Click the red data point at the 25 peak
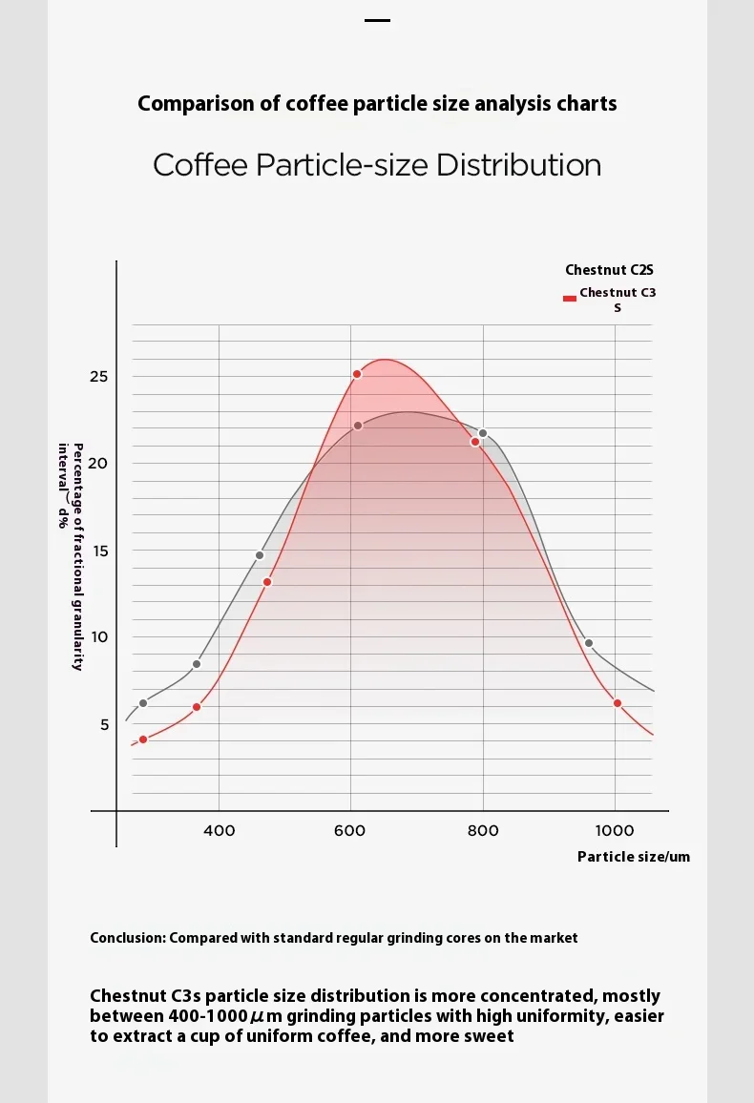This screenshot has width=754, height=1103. click(x=357, y=374)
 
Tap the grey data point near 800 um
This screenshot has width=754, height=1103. click(x=483, y=433)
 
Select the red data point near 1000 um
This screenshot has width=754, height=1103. click(x=618, y=703)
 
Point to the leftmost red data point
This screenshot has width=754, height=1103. click(x=143, y=739)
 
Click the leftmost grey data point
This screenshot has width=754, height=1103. click(x=143, y=703)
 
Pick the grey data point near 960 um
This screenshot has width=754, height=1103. click(x=589, y=643)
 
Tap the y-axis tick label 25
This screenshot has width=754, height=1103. click(x=98, y=377)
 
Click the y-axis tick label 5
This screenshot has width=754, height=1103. click(x=104, y=724)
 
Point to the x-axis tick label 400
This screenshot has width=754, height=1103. click(x=220, y=830)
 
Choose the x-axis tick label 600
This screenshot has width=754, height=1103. click(x=350, y=830)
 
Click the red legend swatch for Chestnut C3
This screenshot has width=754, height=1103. click(x=570, y=298)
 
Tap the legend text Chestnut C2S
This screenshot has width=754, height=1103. click(x=609, y=271)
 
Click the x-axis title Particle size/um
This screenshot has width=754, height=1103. click(x=633, y=857)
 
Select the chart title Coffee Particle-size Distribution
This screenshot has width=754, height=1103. click(x=377, y=165)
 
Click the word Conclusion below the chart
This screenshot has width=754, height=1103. click(x=128, y=938)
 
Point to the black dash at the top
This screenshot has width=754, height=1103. click(x=378, y=19)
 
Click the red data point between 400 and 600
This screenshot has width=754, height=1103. click(x=267, y=582)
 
